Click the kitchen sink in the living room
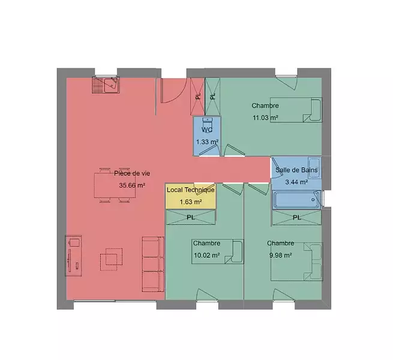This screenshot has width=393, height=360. [106, 85]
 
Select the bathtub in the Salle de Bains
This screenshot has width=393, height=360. [296, 200]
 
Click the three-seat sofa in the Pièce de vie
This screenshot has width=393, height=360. [153, 264]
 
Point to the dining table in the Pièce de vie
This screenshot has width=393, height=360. [115, 185]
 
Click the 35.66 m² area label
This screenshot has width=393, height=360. [132, 185]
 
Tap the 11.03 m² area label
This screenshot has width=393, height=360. [265, 118]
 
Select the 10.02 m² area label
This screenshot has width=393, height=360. [207, 255]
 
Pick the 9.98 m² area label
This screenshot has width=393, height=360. [280, 255]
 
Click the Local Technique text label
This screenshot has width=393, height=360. [191, 190]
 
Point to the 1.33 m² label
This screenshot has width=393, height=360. [207, 142]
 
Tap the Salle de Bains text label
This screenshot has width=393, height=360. [296, 170]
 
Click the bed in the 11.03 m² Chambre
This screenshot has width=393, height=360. [296, 110]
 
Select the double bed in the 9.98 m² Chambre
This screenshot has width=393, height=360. [297, 262]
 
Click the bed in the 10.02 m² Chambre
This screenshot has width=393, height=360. [218, 251]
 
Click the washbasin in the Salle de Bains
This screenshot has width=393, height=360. [314, 168]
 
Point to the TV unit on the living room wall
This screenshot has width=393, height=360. [73, 256]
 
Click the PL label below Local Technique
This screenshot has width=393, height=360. [191, 217]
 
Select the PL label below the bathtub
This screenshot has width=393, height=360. [297, 218]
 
